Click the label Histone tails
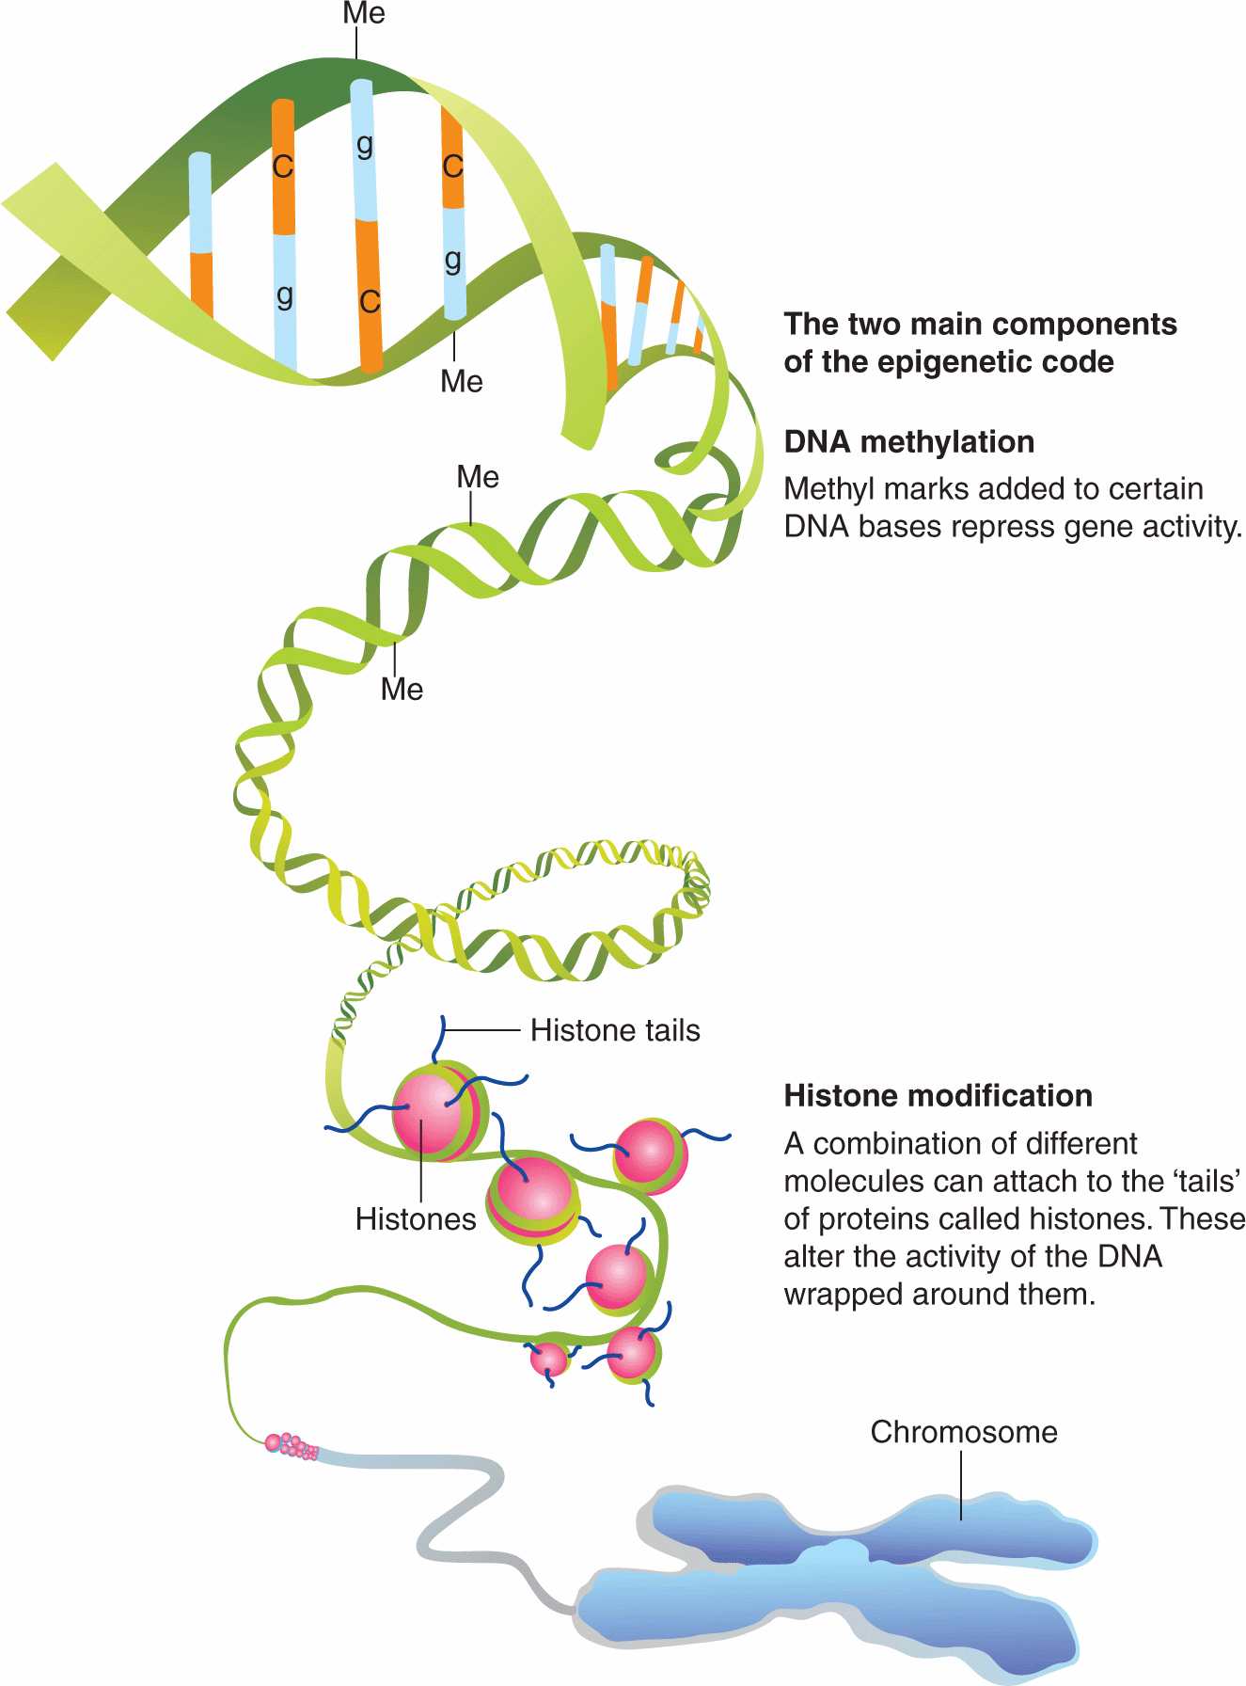[615, 1030]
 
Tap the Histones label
[416, 1219]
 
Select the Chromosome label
[964, 1432]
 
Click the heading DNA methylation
[909, 441]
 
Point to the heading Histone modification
[938, 1096]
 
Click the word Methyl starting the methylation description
[825, 489]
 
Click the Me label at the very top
[364, 14]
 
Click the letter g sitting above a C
[365, 146]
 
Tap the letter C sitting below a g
[370, 301]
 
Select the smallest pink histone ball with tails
[548, 1359]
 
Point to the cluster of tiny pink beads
[292, 1445]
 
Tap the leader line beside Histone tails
[481, 1030]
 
